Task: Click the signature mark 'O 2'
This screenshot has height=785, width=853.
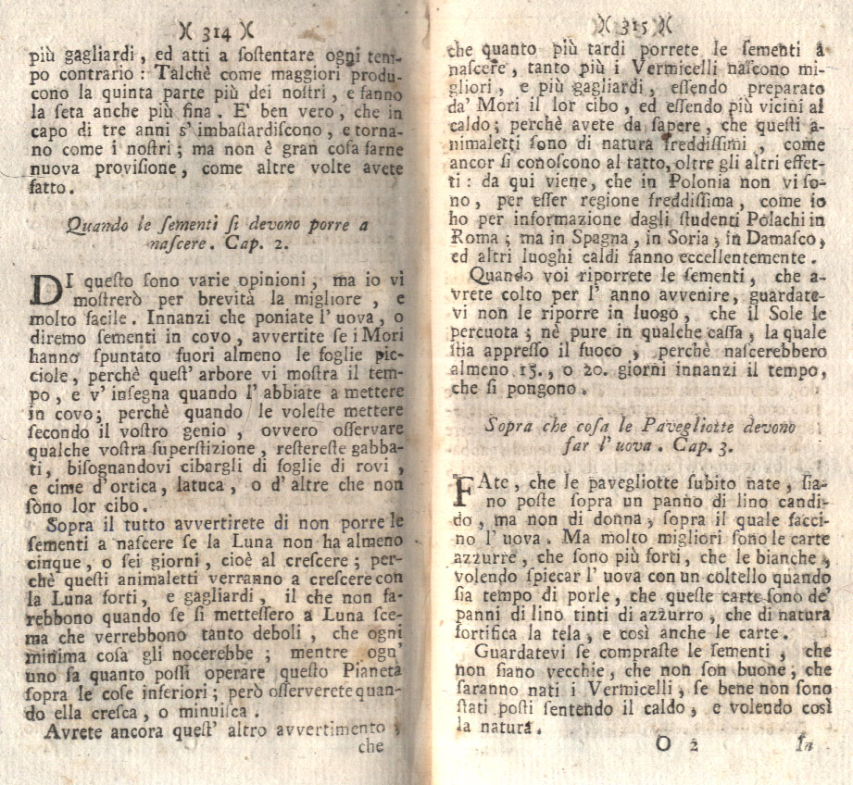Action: pyautogui.click(x=675, y=745)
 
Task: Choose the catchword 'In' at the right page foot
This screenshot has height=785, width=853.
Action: pyautogui.click(x=805, y=744)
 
